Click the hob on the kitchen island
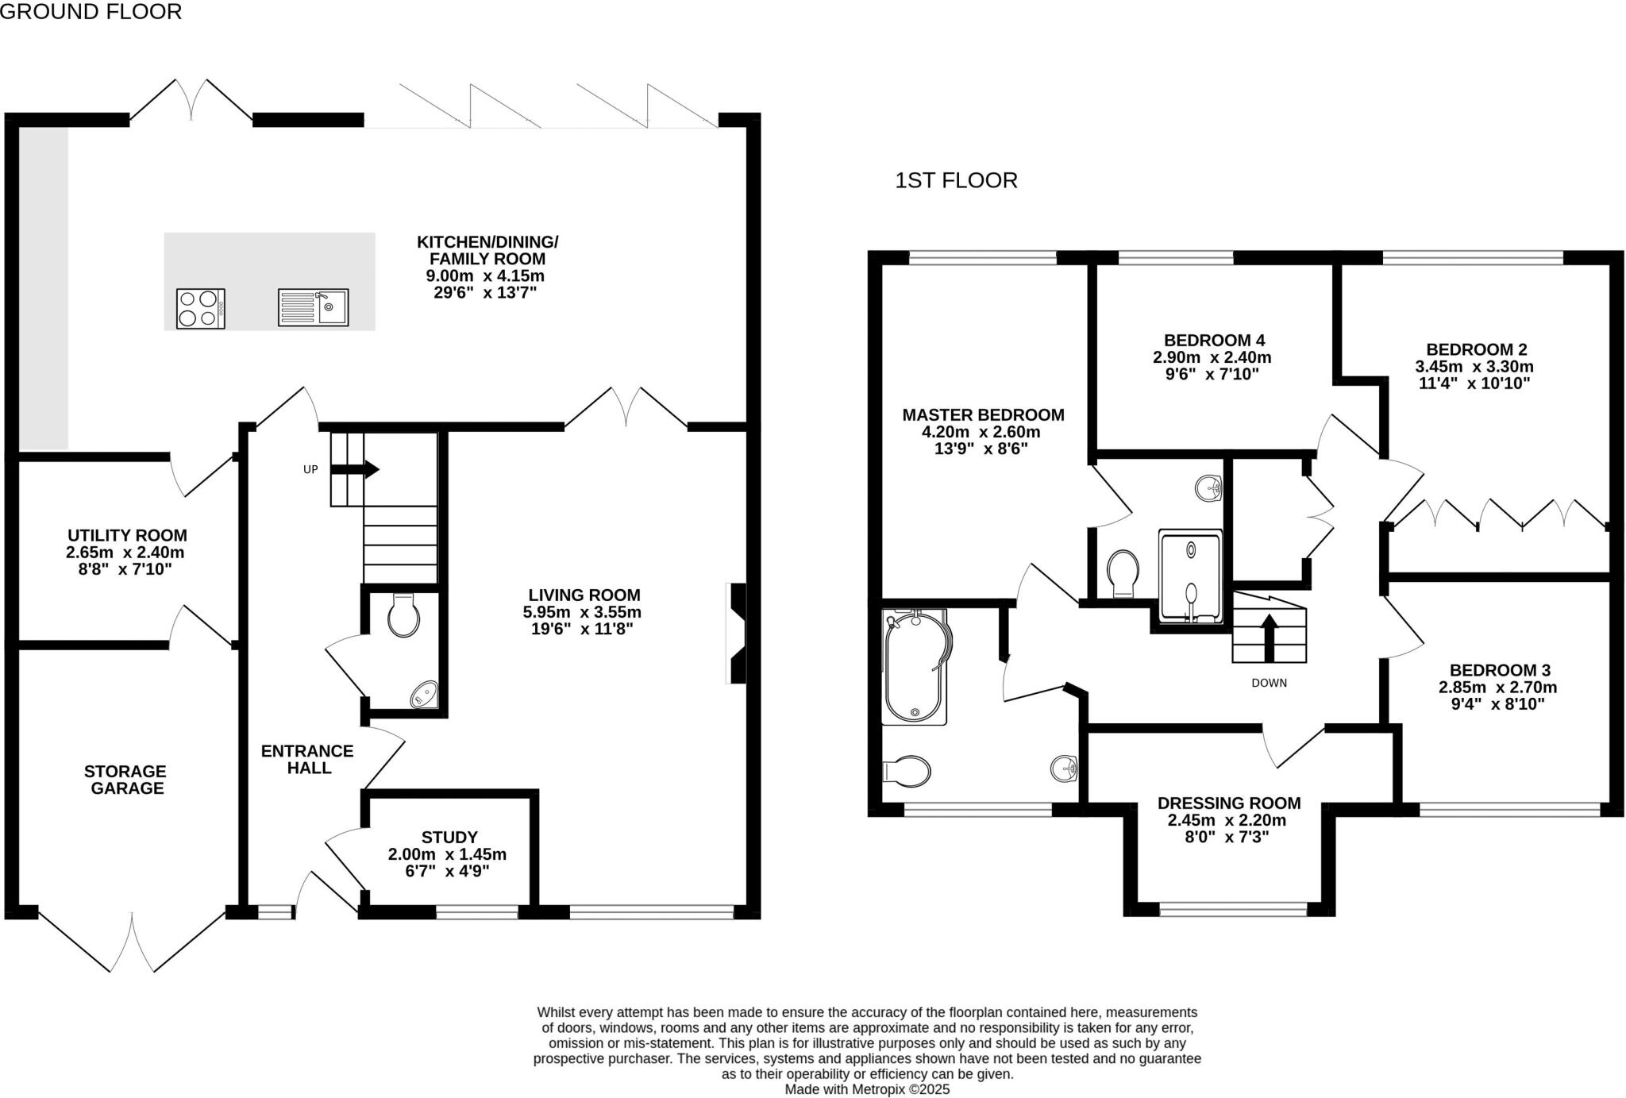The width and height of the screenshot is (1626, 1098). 200,309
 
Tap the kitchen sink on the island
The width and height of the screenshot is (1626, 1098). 313,307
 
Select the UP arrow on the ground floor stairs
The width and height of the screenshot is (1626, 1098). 354,469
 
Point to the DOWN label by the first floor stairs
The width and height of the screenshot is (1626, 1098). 1269,683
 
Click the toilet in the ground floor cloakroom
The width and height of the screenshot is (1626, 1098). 403,616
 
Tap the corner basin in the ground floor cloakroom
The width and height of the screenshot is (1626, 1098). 425,695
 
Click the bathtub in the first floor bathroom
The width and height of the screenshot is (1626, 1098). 916,667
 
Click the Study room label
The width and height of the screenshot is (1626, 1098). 449,837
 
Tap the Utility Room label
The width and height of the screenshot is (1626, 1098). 127,535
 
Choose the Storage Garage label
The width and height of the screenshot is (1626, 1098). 126,780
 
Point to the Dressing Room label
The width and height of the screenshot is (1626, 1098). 1228,803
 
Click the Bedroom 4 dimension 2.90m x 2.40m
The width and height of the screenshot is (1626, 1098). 1212,358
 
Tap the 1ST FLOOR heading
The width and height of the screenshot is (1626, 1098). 956,181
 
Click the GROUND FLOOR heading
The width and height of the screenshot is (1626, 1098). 91,11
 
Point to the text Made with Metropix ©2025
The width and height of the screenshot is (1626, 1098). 867,1089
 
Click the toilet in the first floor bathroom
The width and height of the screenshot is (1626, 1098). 907,770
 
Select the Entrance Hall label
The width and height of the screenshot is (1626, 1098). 307,759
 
